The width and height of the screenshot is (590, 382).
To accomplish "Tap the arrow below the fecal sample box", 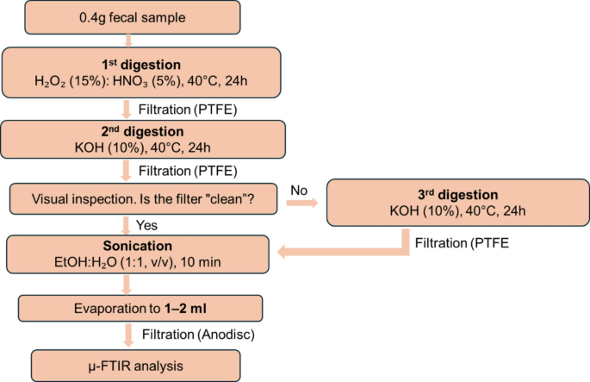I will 127,38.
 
